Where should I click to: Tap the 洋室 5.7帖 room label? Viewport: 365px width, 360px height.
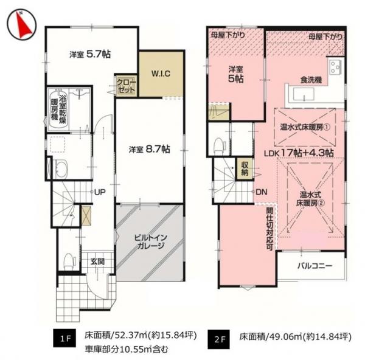click(89, 54)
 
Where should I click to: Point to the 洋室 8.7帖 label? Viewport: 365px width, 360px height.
click(149, 148)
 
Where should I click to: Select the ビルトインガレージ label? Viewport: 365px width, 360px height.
click(150, 243)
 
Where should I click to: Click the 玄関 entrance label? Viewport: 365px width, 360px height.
click(97, 261)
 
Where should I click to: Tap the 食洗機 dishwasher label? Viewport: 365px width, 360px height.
click(311, 80)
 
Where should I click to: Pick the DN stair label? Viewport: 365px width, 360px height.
click(261, 192)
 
